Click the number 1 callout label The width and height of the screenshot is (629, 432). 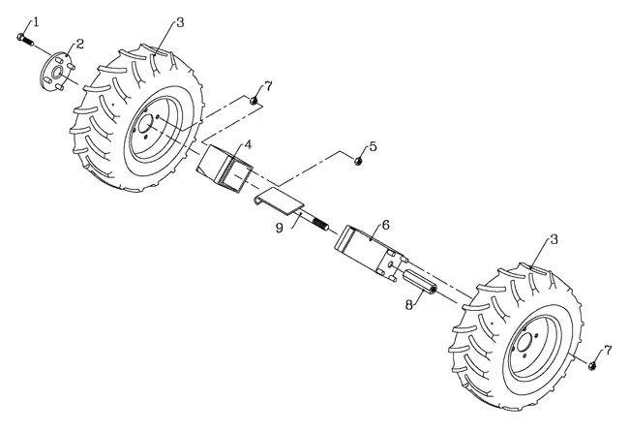(37, 21)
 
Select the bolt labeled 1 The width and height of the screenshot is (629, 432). (25, 40)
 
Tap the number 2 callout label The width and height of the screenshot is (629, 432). (80, 44)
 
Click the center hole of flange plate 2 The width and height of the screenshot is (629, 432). (56, 73)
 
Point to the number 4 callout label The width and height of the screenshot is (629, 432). (249, 145)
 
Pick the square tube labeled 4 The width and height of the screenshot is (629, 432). (225, 169)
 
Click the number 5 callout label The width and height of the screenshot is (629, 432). (374, 146)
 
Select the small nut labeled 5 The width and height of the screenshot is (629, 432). (358, 161)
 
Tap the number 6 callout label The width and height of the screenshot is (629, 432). (385, 225)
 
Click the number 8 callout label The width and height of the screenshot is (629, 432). (408, 305)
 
